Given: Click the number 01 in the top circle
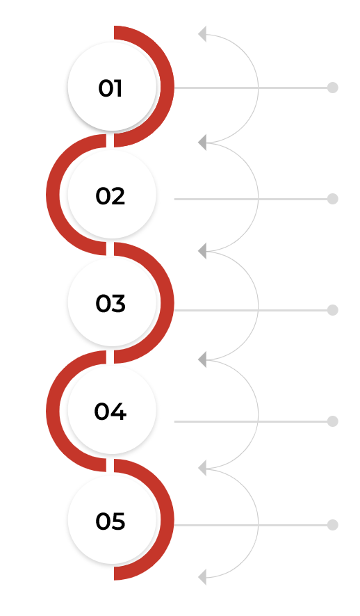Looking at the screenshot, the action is pos(111,88).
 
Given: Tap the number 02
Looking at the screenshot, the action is pos(111,196).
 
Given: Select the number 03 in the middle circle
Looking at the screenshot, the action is pos(111,304).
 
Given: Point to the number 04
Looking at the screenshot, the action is pos(111,412).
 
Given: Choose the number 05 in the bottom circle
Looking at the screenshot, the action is pos(111,521).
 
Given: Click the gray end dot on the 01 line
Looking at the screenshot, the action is pos(332,88).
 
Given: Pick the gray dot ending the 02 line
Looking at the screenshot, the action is pos(332,199).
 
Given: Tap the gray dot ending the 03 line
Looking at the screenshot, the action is pos(332,310).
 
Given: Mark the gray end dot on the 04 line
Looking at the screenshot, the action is pos(332,421).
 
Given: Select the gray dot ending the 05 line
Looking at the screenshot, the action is pos(332,525).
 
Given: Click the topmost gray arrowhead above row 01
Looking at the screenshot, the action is pos(202,34).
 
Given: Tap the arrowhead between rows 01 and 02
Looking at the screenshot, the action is pos(202,143).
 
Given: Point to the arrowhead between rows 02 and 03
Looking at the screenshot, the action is pos(202,251).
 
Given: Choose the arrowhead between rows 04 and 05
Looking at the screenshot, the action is pos(202,469).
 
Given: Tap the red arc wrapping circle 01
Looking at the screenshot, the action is pos(167,86).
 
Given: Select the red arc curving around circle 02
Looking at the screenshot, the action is pos(53,195).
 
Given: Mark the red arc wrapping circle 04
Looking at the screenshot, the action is pos(53,411).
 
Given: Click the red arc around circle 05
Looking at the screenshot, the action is pos(167,519).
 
